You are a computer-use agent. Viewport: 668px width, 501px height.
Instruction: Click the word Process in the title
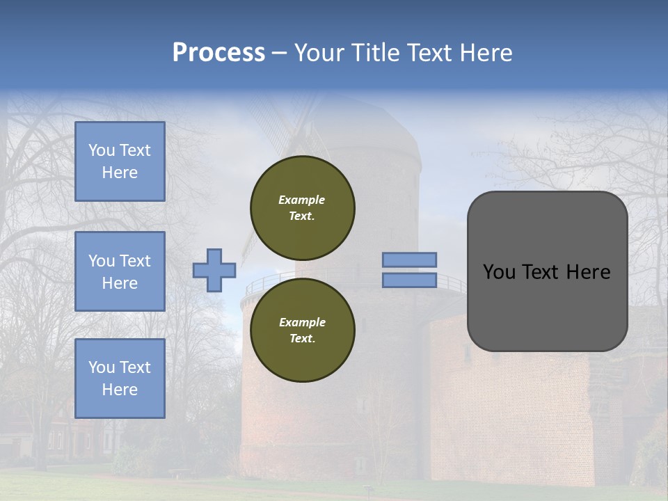pos(218,53)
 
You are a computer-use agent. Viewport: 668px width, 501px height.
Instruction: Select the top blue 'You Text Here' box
pos(120,161)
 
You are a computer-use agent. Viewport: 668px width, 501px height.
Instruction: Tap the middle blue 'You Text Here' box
pos(120,271)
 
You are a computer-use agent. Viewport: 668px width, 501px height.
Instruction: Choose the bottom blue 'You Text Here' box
pos(120,378)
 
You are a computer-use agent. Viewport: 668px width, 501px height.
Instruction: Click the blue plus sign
pos(214,270)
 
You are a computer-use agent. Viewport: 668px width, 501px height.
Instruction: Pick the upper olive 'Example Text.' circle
pos(303,208)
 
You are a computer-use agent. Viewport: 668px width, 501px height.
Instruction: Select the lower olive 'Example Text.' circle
pos(303,331)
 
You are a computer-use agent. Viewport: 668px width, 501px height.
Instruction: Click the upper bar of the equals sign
pos(410,260)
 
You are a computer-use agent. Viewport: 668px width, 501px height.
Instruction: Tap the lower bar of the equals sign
pos(410,280)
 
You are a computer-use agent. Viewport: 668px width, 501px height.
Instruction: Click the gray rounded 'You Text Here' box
pos(548,271)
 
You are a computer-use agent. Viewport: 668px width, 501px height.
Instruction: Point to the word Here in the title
pos(486,53)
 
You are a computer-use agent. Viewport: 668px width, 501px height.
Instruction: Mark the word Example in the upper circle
pos(302,200)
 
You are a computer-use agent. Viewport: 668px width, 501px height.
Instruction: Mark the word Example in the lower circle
pos(302,322)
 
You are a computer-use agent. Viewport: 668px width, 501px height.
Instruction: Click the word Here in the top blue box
pos(120,173)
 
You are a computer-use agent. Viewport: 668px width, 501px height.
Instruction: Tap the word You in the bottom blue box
pos(102,367)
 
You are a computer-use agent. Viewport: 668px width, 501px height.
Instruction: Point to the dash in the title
pos(279,53)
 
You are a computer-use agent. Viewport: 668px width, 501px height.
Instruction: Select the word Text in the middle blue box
pos(135,261)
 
